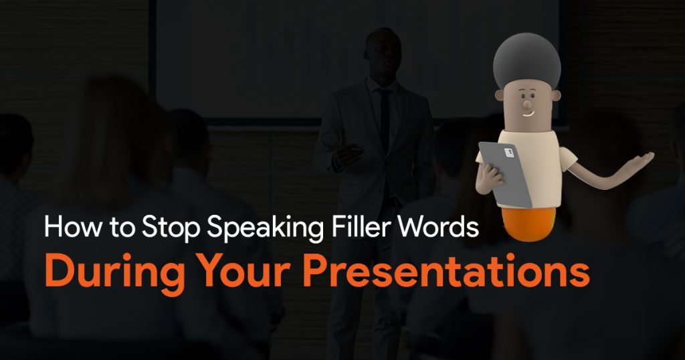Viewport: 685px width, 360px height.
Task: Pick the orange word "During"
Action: pos(114,271)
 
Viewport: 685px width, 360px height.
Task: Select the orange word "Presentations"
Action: pos(446,271)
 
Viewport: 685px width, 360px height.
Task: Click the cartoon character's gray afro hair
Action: pos(526,60)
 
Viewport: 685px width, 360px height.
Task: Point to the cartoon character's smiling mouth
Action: pos(528,114)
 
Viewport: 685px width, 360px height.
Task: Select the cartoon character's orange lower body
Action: pos(528,223)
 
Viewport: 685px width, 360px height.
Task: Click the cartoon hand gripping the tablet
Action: pos(488,178)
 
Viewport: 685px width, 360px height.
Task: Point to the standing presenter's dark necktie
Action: pos(385,114)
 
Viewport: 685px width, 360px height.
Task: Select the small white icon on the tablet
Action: pos(509,153)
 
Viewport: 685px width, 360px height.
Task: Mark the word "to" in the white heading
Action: pos(122,228)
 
